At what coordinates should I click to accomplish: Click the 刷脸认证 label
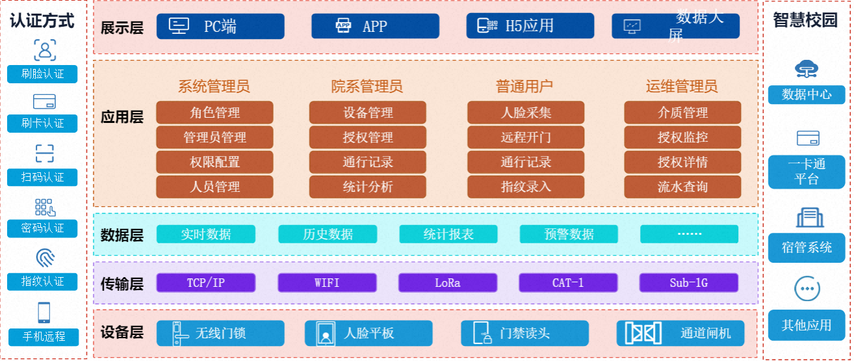coord(42,74)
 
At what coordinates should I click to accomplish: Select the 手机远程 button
coord(44,337)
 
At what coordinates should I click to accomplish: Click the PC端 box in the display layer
coord(220,26)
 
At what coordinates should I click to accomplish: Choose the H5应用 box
coord(530,26)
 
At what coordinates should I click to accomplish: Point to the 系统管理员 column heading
coord(214,87)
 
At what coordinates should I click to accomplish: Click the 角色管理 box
coord(214,113)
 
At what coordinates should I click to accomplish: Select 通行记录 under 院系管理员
coord(368,162)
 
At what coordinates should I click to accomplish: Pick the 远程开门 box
coord(526,137)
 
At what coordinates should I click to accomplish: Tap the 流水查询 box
coord(682,187)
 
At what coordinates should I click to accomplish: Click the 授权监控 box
coord(682,137)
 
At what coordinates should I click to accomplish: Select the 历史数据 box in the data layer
coord(328,234)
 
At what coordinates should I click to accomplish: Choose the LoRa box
coord(447,283)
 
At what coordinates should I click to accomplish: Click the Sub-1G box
coord(688,283)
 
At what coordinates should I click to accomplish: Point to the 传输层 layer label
coord(122,284)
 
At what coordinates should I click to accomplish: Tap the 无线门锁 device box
coord(220,333)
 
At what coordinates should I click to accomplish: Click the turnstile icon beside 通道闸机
coord(643,333)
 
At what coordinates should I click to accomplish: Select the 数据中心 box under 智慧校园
coord(807,94)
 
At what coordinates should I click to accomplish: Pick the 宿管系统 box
coord(807,247)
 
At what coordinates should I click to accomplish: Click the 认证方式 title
coord(42,21)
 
